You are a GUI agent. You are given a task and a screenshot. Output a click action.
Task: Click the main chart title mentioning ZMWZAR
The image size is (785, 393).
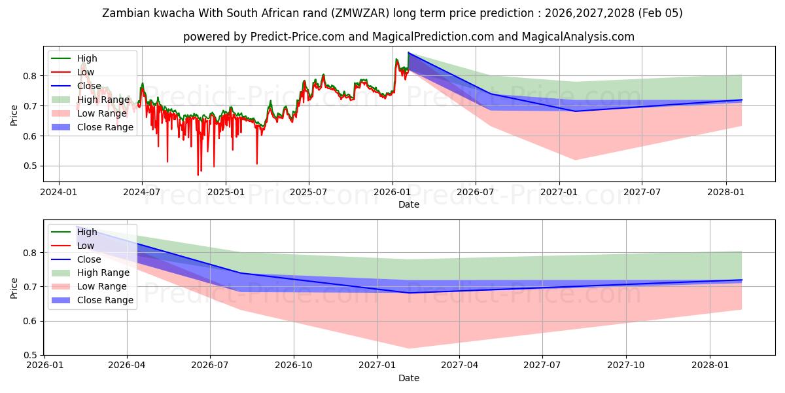(392, 13)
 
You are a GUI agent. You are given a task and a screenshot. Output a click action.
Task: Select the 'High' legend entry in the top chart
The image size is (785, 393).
(87, 58)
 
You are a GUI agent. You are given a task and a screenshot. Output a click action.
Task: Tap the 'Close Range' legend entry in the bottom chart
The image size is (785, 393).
(105, 300)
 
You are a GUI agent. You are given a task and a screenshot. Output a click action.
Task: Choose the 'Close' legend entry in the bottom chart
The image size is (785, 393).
(89, 259)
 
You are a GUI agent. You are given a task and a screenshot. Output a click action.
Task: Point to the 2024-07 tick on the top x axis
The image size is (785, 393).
(142, 192)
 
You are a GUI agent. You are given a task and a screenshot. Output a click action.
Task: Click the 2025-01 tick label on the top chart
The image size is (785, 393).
(226, 192)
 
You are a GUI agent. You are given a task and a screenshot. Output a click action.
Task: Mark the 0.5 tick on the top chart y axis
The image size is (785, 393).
(29, 166)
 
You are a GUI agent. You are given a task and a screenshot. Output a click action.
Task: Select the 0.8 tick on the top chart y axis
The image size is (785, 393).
(29, 76)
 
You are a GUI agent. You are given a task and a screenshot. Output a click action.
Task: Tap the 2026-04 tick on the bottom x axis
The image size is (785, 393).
(127, 365)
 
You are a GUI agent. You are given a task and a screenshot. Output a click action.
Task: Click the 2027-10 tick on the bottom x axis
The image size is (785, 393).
(627, 365)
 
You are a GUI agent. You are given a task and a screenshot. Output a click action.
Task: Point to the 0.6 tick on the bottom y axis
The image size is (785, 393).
(29, 321)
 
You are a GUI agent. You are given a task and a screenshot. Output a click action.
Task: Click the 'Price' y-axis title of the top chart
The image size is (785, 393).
(14, 115)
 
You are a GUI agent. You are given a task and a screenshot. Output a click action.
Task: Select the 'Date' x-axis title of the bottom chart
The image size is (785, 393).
(409, 378)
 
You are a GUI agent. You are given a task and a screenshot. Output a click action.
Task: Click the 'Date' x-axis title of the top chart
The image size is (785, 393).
(409, 204)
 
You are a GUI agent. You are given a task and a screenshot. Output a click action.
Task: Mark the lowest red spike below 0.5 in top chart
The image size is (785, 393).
(198, 175)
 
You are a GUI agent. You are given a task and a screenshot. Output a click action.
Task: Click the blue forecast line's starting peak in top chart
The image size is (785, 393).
(408, 52)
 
